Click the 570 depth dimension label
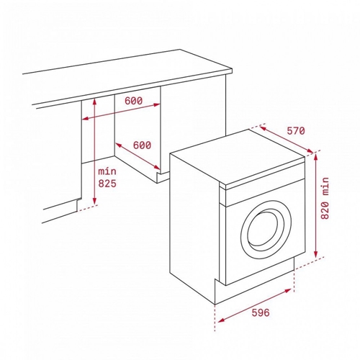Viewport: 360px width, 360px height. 296,131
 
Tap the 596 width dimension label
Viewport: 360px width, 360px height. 261,312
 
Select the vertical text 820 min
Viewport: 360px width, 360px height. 325,198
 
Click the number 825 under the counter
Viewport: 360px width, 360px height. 107,184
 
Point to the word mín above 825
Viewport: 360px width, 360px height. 107,171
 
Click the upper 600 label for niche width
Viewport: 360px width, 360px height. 133,101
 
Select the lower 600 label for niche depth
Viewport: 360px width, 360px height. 142,145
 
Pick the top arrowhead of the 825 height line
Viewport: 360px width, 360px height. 94,102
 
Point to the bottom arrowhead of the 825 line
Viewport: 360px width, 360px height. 94,201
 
